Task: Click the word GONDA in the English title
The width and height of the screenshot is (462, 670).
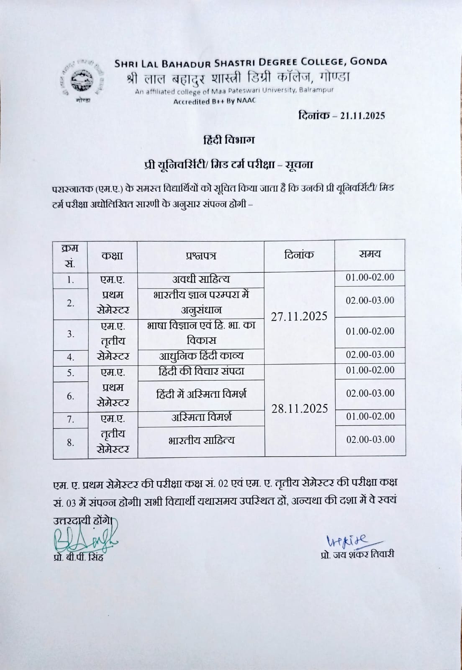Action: [x=368, y=62]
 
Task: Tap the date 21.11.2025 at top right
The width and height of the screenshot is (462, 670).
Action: [x=362, y=116]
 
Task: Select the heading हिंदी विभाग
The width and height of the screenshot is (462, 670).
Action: [x=229, y=140]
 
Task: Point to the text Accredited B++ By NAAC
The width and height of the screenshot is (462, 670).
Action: [x=214, y=101]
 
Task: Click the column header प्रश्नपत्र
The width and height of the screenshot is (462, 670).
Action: [x=201, y=256]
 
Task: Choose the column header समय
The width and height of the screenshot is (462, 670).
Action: [x=370, y=254]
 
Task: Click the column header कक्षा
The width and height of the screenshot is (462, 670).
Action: [x=112, y=255]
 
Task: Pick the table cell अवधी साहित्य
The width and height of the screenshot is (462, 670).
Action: [x=201, y=279]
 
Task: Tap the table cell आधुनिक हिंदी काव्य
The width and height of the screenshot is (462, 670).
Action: [x=201, y=356]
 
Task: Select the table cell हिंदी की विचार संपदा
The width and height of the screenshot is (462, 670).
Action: [x=201, y=371]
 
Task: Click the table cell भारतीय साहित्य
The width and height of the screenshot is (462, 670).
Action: [x=201, y=440]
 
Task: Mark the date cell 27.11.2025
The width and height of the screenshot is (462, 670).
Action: [x=299, y=317]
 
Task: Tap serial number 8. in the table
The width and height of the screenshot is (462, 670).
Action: [x=71, y=442]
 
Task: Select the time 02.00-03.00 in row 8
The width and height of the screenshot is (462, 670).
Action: [x=370, y=439]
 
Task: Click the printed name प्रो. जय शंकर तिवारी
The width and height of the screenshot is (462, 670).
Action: [x=355, y=555]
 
